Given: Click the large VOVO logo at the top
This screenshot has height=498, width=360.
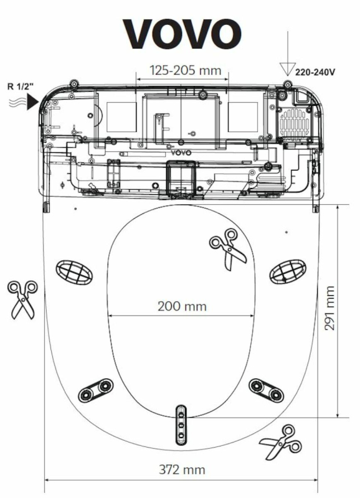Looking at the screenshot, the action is coord(182,34).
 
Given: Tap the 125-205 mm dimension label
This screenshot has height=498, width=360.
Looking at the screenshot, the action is coord(186,70).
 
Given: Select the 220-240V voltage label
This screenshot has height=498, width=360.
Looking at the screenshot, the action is coord(315,72).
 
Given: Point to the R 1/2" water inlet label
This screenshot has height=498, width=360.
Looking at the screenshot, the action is coord(21,87).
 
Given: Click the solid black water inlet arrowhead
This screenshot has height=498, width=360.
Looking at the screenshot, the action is coord(32,102).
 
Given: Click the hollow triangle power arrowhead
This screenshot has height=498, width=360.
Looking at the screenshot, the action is coord(287,69).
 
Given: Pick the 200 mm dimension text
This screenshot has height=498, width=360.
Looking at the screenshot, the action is coord(182,306).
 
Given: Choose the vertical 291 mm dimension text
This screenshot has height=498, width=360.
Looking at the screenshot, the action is coord(329,308).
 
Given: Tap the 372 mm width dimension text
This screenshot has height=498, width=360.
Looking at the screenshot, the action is coord(182,469).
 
